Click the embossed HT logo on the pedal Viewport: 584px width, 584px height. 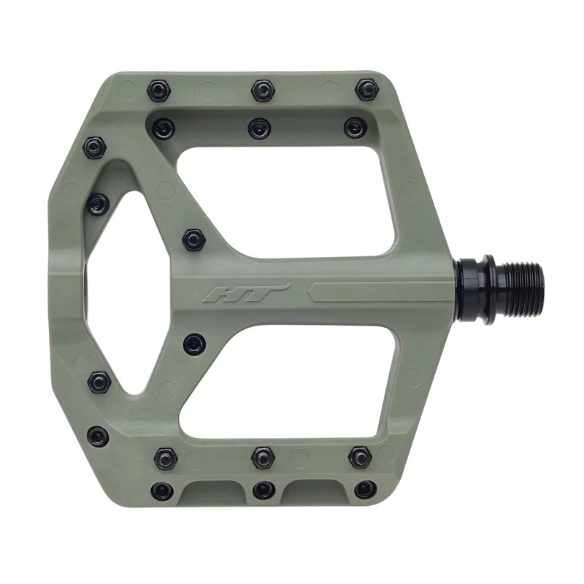247,293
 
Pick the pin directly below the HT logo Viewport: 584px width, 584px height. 193,342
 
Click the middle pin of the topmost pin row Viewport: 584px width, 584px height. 262,91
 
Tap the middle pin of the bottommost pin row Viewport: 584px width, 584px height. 262,489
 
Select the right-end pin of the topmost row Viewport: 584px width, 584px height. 365,91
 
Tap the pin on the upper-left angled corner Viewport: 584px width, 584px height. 94,149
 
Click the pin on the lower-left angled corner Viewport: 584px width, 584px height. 99,381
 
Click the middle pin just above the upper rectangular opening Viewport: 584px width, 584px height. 258,128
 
